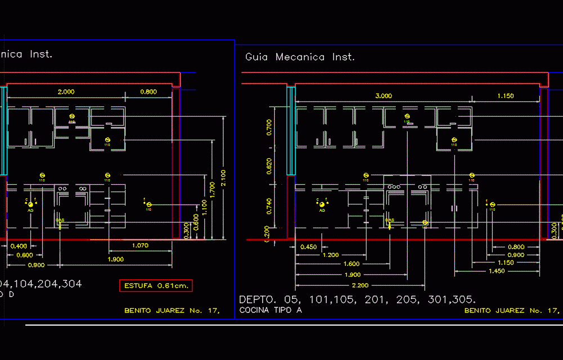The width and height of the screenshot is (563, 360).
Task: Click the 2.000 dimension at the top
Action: click(x=66, y=91)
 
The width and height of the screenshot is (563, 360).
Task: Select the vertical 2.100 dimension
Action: click(x=223, y=178)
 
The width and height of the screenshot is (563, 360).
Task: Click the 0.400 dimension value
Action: click(x=19, y=246)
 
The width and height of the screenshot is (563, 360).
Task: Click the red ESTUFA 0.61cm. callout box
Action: click(x=156, y=286)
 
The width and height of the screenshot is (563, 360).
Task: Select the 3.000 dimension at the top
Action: click(x=383, y=96)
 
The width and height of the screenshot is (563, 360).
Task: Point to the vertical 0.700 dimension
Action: click(x=269, y=127)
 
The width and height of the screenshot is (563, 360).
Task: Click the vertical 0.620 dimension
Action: click(x=269, y=166)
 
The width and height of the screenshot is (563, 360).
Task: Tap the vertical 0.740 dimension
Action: click(x=269, y=206)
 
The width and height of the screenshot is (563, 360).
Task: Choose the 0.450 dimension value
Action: click(x=309, y=247)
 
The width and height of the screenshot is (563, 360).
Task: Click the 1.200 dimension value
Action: click(x=330, y=255)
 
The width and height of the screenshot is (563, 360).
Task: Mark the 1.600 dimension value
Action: click(x=351, y=264)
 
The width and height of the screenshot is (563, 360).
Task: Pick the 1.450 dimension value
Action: click(x=497, y=272)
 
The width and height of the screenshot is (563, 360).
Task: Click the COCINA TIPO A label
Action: click(x=270, y=310)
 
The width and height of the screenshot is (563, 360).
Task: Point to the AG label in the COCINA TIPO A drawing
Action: click(x=322, y=210)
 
